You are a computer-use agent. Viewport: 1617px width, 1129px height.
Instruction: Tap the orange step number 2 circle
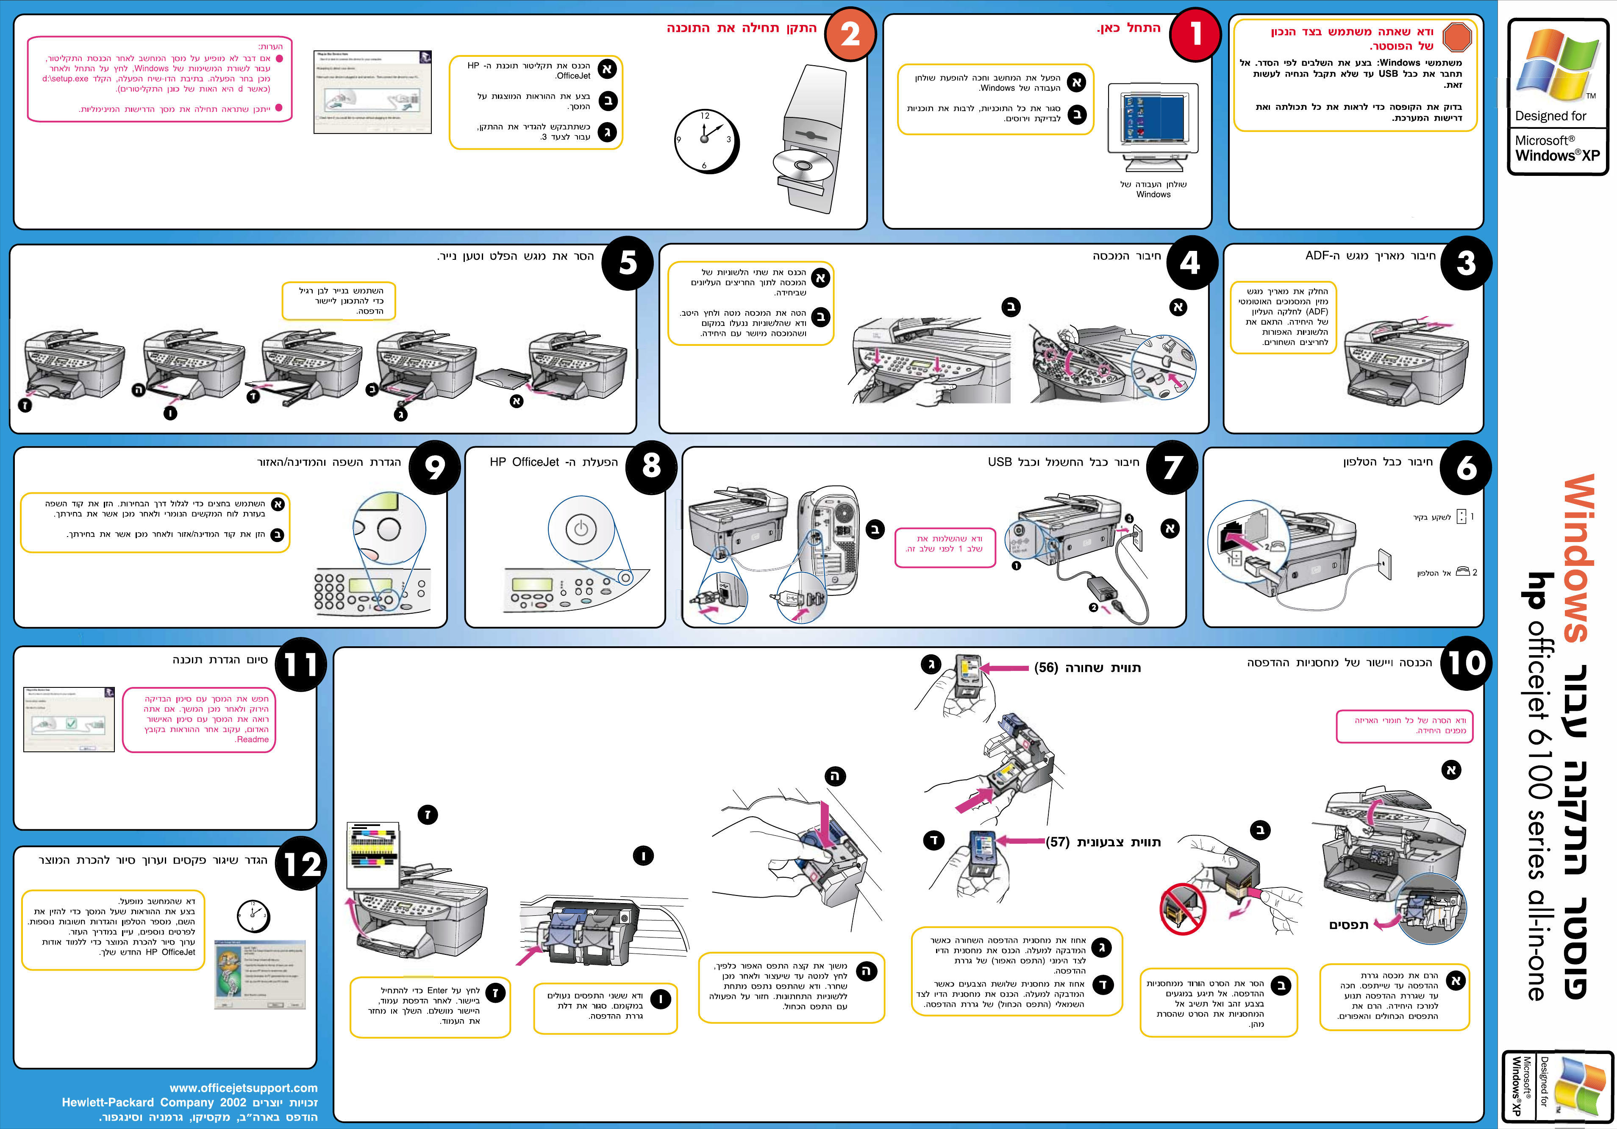click(x=850, y=34)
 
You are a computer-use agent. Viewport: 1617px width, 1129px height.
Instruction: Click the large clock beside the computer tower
click(x=705, y=140)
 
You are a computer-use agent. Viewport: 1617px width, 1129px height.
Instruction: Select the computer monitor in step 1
click(x=1153, y=120)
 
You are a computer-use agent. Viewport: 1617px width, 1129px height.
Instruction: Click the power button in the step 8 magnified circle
click(x=581, y=529)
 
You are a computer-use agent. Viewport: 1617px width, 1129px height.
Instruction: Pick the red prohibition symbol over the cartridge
click(x=1183, y=909)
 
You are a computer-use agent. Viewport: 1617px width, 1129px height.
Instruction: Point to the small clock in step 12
click(x=253, y=916)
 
